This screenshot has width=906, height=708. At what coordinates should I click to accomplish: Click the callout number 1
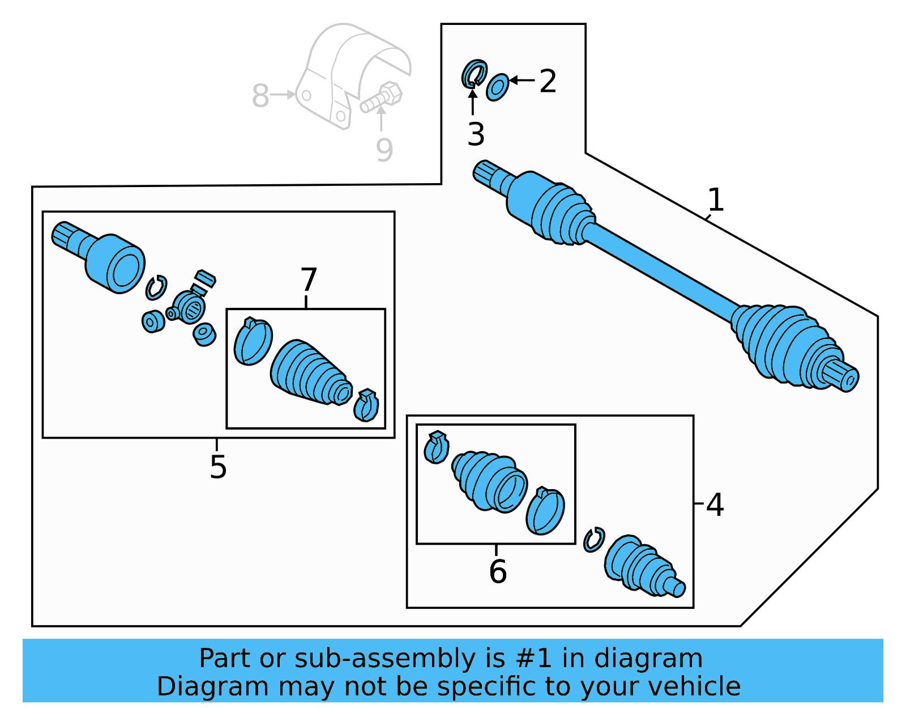[x=716, y=200]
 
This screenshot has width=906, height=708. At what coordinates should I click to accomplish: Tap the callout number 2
[x=548, y=82]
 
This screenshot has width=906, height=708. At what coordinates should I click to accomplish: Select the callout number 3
[x=476, y=135]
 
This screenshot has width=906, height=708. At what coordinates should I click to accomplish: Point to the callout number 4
[x=715, y=504]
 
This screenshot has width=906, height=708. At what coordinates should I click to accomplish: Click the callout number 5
[x=218, y=467]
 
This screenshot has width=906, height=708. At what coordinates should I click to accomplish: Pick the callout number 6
[x=498, y=571]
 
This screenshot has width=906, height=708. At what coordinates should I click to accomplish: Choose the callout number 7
[x=309, y=280]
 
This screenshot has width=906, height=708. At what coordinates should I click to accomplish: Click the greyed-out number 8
[x=260, y=96]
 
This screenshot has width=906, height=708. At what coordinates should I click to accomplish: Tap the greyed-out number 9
[x=384, y=150]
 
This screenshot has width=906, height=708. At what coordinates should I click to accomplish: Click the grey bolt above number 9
[x=382, y=98]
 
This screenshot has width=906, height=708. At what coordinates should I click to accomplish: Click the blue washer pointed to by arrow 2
[x=497, y=87]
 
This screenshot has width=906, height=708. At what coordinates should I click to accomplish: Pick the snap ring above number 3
[x=474, y=74]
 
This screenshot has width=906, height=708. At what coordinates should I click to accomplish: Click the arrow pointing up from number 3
[x=472, y=102]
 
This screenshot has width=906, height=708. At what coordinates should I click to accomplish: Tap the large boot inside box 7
[x=309, y=373]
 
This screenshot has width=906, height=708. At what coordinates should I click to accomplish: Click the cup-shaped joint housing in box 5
[x=115, y=264]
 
